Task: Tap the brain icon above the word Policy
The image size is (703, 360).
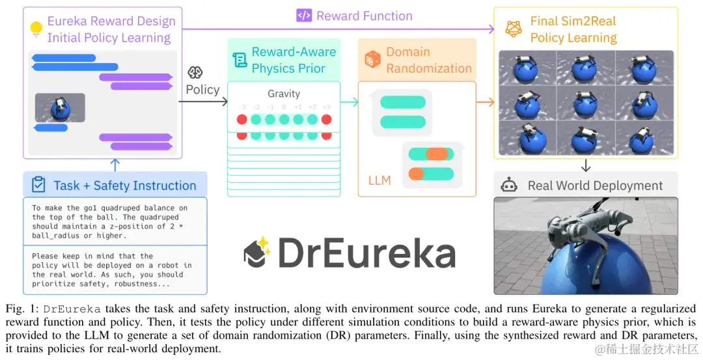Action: [x=195, y=72]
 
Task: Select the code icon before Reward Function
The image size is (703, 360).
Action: [x=303, y=16]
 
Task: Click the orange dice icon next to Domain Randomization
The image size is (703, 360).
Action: [x=372, y=60]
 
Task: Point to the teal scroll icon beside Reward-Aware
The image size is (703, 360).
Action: [x=240, y=60]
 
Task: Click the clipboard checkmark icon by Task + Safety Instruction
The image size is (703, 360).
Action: [x=38, y=185]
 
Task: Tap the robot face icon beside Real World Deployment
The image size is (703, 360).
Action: [x=508, y=185]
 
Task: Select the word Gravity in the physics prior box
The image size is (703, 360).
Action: [x=284, y=94]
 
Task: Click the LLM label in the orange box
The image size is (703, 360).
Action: [x=379, y=180]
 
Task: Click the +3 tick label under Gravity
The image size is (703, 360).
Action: [x=326, y=107]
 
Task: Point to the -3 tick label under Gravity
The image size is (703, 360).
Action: [x=241, y=107]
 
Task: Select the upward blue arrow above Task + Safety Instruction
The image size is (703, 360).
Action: [x=115, y=164]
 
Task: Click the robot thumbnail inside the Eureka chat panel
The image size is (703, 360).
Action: [x=60, y=108]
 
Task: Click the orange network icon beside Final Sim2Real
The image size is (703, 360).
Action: [x=514, y=28]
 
